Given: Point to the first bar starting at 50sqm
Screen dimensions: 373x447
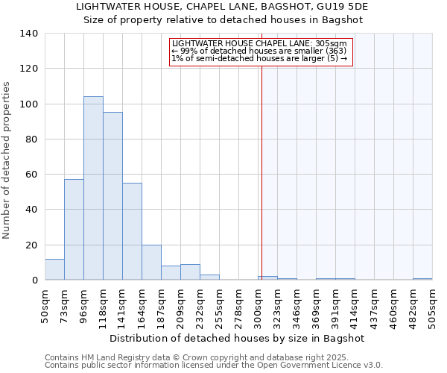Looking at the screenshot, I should (x=54, y=269).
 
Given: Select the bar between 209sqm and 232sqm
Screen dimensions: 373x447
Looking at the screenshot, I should (x=190, y=272).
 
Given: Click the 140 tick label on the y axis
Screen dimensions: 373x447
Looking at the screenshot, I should (x=28, y=34).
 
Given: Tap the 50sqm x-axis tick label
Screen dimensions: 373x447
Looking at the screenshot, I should (x=45, y=304).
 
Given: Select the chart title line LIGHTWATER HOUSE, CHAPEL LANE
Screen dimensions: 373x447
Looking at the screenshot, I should (x=223, y=6).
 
